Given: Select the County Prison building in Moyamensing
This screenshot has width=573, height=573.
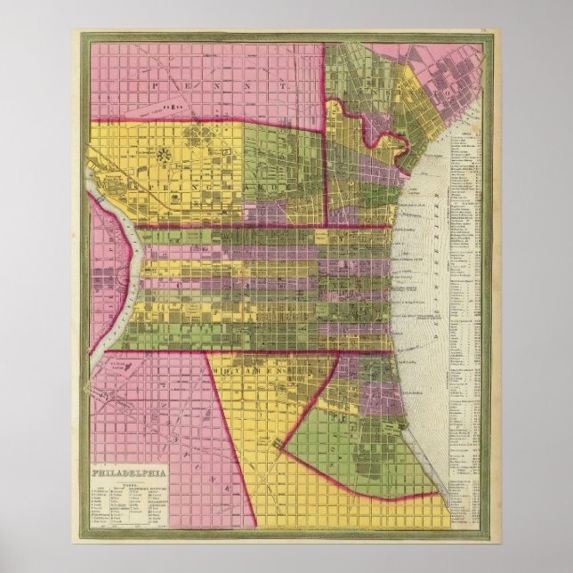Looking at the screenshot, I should pyautogui.click(x=280, y=442).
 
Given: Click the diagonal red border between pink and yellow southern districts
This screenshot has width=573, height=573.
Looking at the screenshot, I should pyautogui.click(x=233, y=436).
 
